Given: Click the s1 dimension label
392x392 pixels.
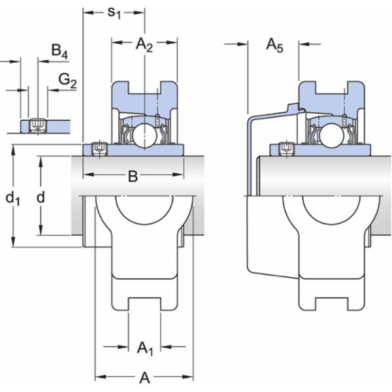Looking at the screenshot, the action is click(x=114, y=14).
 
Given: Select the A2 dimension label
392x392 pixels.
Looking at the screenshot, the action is click(x=144, y=45).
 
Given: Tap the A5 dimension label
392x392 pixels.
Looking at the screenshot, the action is click(x=275, y=46).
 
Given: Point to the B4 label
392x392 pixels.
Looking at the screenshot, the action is click(x=59, y=52).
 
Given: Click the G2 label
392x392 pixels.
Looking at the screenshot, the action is click(x=67, y=81).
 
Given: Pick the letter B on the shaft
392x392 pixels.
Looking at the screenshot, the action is click(x=133, y=176).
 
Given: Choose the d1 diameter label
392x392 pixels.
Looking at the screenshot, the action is click(x=13, y=199).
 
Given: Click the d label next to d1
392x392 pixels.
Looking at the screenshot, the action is click(x=41, y=197).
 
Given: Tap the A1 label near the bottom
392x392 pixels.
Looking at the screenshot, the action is click(x=145, y=348).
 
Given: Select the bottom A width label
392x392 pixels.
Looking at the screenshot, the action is click(x=145, y=378).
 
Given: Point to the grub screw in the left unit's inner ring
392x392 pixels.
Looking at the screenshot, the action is click(x=99, y=149).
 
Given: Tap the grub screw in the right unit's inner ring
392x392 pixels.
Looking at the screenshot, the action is click(x=286, y=149).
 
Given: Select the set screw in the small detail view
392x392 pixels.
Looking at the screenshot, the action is click(x=38, y=125).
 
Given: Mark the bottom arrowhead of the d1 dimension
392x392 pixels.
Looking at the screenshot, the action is click(x=13, y=243).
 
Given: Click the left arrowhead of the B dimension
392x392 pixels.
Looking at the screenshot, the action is click(x=88, y=174).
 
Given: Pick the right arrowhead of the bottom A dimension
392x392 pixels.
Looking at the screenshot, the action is click(x=188, y=376).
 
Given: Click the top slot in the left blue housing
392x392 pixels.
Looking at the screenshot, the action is click(x=144, y=88).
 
